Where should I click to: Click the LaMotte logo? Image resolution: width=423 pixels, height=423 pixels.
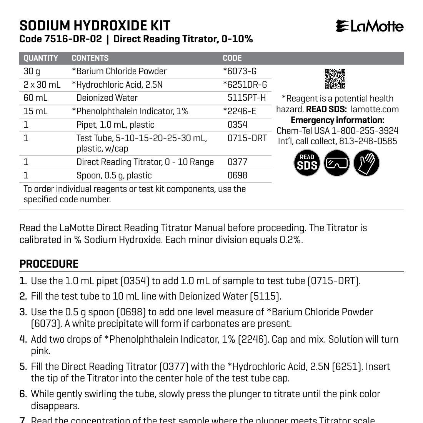(x=370, y=26)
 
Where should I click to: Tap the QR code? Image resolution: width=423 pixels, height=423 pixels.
(x=335, y=79)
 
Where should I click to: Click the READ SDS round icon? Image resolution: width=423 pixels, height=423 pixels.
(x=307, y=163)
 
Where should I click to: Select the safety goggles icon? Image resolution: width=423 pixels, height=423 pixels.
(x=337, y=163)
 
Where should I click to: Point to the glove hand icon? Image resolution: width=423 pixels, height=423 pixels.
(x=366, y=163)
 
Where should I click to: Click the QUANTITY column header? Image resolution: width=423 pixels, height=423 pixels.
(x=41, y=58)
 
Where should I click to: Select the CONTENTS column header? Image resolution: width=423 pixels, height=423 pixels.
(x=90, y=58)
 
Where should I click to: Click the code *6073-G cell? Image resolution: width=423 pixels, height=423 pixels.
(x=240, y=71)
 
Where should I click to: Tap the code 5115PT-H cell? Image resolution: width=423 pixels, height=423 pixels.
(x=246, y=98)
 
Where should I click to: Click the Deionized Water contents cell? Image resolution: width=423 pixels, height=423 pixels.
(x=107, y=98)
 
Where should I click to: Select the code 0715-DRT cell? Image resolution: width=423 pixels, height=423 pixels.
(x=247, y=138)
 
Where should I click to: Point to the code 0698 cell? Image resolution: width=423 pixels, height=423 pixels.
(x=237, y=175)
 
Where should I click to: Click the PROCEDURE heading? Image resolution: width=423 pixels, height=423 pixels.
(x=49, y=264)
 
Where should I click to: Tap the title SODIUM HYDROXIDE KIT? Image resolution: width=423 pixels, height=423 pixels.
(x=95, y=25)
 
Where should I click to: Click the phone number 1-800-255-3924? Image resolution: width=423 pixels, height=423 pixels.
(x=365, y=131)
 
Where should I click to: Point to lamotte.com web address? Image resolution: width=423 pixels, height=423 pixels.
(x=375, y=109)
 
